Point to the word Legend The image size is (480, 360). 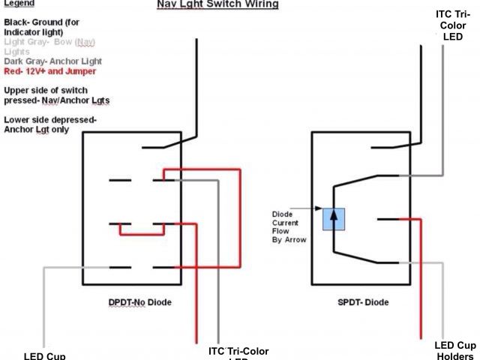[18, 3]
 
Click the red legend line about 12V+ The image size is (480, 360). [49, 71]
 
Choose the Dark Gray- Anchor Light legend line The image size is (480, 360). [52, 61]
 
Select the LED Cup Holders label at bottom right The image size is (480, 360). [454, 350]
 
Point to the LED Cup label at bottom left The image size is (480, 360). [44, 355]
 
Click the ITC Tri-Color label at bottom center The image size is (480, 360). [238, 352]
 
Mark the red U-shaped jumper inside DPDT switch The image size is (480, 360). [142, 232]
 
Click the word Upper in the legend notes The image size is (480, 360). [17, 89]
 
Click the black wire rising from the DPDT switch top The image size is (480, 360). [196, 82]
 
